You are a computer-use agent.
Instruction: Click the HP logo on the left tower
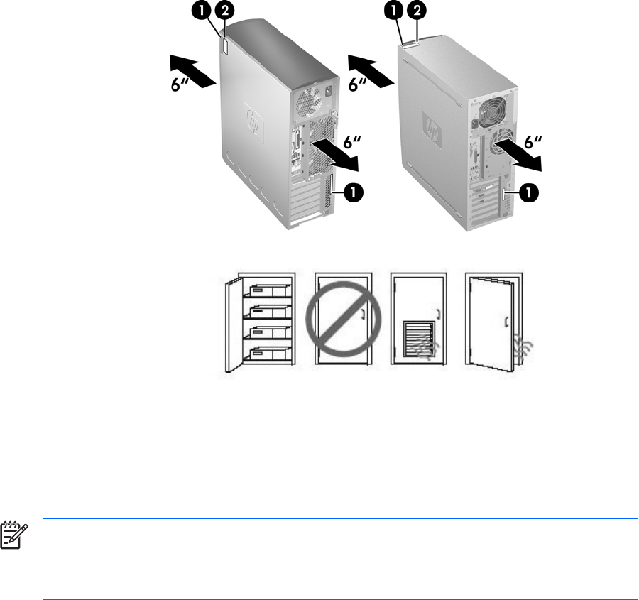[x=254, y=122]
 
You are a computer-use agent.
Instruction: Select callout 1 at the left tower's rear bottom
[x=353, y=191]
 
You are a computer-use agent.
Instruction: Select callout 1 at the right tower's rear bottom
[x=528, y=192]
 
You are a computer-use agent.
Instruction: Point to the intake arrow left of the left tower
[x=192, y=71]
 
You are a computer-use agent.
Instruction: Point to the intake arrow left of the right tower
[x=371, y=71]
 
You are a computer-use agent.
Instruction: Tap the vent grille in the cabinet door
[x=419, y=338]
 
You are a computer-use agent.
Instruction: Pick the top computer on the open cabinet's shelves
[x=267, y=290]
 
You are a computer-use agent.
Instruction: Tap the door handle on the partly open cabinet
[x=506, y=322]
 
